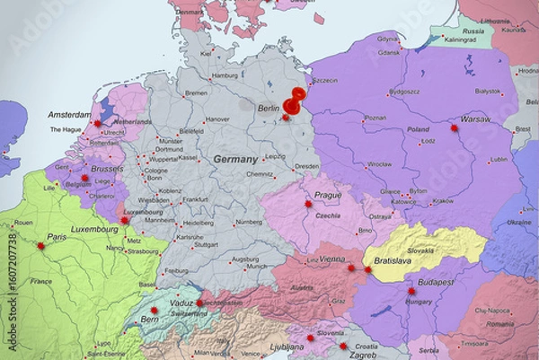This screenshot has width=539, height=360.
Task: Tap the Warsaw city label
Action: point(475,119)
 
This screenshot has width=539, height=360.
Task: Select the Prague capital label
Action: point(327,195)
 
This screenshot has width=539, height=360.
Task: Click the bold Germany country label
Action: point(235,159)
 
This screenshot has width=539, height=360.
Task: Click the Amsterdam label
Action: point(70,115)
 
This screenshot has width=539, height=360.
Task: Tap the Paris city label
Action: point(57,237)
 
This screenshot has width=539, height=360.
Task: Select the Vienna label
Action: point(332,259)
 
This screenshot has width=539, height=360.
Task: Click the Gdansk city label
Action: point(389,52)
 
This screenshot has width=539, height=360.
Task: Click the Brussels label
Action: point(107,168)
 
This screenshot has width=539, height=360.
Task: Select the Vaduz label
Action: point(181,303)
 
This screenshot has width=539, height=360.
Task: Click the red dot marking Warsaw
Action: point(455,128)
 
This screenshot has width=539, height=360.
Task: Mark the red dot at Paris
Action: point(40,246)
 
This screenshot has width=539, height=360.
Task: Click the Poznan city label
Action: point(376,118)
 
